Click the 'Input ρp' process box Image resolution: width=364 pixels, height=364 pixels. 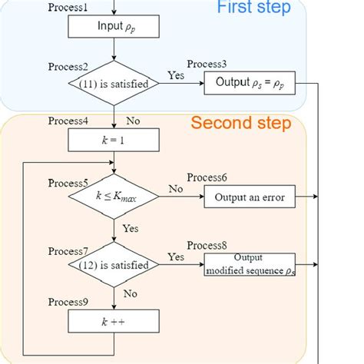pos(114,27)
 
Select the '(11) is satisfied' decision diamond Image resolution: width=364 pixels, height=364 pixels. pos(114,84)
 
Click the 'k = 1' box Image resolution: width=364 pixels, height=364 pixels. pos(114,140)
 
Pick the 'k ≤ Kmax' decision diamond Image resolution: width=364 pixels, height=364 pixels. pos(114,197)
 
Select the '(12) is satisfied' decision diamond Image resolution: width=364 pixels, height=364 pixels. pos(114,266)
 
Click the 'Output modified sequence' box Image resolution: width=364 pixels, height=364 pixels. pos(249,264)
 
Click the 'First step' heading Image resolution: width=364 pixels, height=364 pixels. pos(253,8)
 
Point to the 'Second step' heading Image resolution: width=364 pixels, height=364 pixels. pos(240,123)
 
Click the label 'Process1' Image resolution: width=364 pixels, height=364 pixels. pos(69,7)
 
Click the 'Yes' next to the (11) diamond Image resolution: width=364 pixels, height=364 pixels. pos(175,75)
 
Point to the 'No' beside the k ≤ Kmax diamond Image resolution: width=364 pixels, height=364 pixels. pos(176,189)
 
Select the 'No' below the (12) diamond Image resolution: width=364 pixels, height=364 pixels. pos(131,293)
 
